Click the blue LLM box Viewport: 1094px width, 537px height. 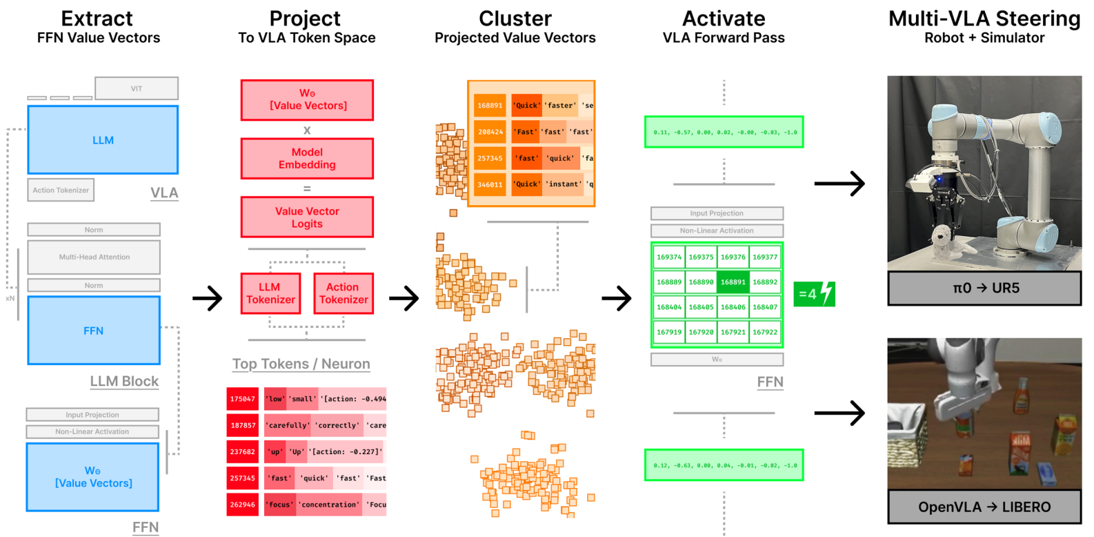point(103,139)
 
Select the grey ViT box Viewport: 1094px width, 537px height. point(137,88)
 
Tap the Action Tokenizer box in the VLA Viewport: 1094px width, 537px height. point(61,190)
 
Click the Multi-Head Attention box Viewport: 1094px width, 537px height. point(94,257)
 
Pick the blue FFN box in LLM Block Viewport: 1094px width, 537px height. point(94,331)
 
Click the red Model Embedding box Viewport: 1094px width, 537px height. point(307,158)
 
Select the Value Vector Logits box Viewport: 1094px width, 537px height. point(307,217)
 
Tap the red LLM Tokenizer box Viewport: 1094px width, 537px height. point(270,293)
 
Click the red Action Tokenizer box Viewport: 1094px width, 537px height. point(343,293)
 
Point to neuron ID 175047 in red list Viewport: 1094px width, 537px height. point(242,399)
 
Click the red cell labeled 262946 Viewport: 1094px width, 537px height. point(242,505)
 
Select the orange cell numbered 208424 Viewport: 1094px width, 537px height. point(490,132)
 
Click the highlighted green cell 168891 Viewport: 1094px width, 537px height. point(733,282)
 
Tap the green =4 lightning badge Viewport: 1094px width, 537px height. point(814,294)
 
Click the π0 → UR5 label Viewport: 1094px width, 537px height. point(984,288)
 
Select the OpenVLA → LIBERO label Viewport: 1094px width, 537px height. point(984,507)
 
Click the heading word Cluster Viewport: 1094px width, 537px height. point(515,19)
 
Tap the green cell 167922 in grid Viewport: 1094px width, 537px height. point(765,332)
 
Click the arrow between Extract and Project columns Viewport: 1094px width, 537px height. point(207,298)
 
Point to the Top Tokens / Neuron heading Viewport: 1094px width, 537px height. point(301,364)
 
